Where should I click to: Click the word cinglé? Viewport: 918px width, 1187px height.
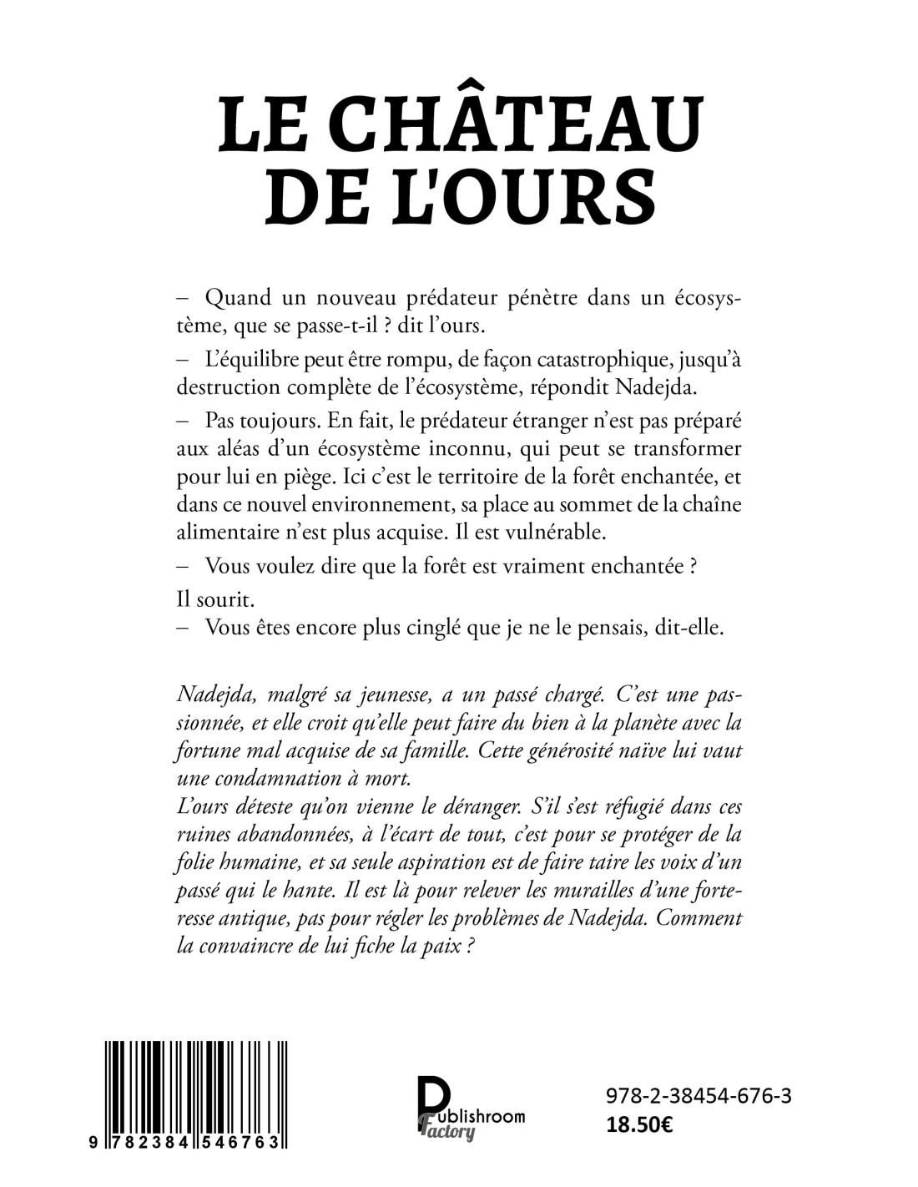click(428, 628)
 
